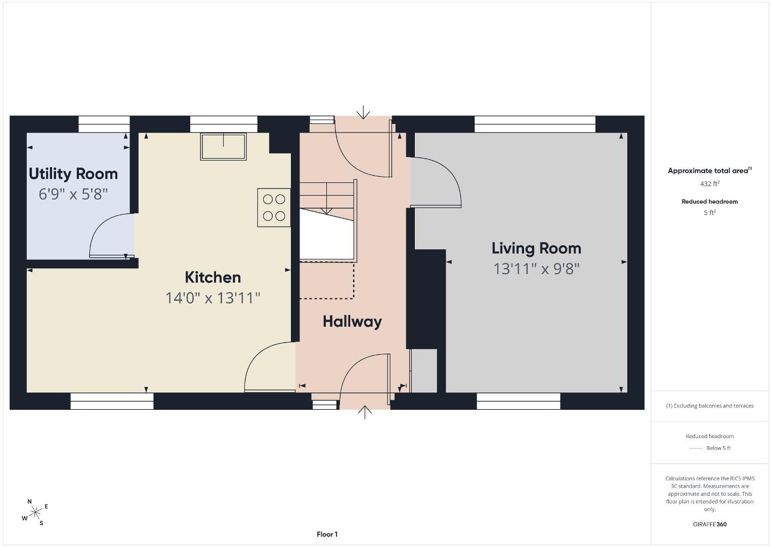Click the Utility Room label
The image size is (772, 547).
pos(73,174)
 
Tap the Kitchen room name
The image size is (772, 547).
pos(212,278)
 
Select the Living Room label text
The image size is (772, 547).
pos(536,249)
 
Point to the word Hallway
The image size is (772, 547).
pos(352,322)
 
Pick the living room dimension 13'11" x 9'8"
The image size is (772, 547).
pos(536,269)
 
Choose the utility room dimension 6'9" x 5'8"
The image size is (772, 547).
pos(73,194)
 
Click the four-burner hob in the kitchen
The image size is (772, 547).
pos(274,208)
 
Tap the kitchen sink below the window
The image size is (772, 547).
pos(223,147)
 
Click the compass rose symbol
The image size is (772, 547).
pos(35,512)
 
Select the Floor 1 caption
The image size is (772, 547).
pos(327,534)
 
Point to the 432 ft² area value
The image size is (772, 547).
pos(710,183)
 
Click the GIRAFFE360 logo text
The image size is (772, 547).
pos(710,524)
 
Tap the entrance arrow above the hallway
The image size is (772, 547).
pos(363,112)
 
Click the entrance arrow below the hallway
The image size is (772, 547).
pos(365,412)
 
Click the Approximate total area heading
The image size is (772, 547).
pos(710,171)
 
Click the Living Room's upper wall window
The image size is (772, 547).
pos(535,124)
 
